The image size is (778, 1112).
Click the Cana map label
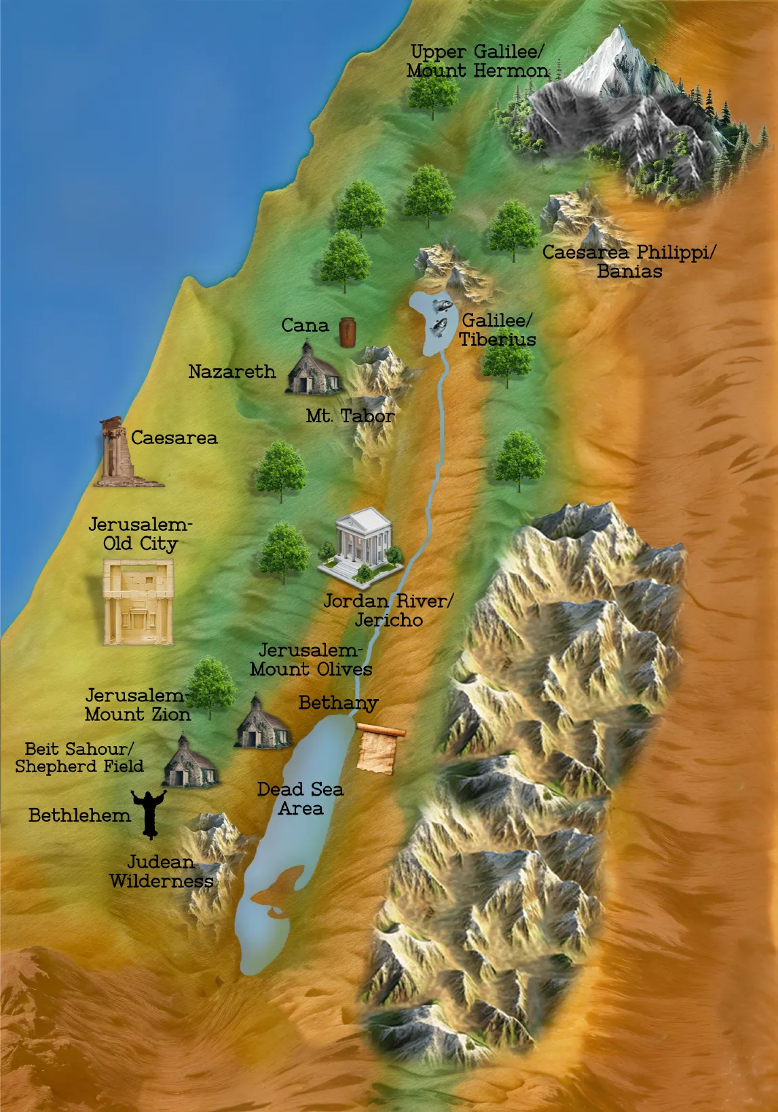tap(305, 326)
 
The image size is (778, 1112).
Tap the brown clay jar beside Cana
tap(347, 332)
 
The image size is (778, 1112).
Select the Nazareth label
tap(232, 372)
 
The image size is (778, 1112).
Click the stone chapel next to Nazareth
tap(313, 370)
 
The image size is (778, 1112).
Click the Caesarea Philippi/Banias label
tap(629, 262)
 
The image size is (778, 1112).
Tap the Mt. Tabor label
tap(350, 416)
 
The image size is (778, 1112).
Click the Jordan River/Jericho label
tap(388, 610)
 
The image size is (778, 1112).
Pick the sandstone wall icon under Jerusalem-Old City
tap(138, 602)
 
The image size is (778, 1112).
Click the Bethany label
tap(338, 703)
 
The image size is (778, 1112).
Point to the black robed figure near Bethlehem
tap(149, 813)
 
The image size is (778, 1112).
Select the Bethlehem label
tap(79, 815)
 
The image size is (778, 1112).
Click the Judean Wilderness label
tap(162, 872)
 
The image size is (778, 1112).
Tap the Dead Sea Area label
tap(300, 799)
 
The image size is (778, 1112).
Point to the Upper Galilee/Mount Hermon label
tap(477, 61)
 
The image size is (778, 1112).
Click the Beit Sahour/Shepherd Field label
tap(79, 758)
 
